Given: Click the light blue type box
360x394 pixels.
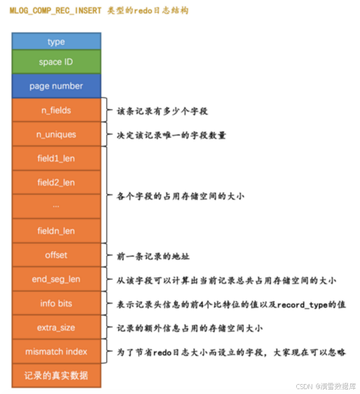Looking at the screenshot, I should click(56, 41).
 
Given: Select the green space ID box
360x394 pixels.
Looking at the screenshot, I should click(56, 62).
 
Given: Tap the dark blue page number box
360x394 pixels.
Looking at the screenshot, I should click(56, 86).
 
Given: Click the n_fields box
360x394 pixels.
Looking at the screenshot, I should click(56, 110).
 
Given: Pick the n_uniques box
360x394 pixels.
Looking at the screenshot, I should click(56, 134).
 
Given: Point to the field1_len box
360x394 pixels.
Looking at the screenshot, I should click(56, 158).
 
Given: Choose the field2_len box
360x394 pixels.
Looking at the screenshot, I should click(56, 182).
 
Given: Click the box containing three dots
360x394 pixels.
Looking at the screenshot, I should click(56, 206).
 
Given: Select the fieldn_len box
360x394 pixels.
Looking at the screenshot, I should click(56, 231).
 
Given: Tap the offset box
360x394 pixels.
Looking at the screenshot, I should click(56, 255).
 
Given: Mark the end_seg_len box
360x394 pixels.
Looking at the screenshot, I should click(56, 279).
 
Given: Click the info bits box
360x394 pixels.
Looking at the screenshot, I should click(56, 303).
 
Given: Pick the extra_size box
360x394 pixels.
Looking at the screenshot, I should click(56, 327).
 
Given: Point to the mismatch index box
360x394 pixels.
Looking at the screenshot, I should click(56, 352).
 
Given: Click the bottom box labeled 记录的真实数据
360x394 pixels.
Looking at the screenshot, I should click(56, 376).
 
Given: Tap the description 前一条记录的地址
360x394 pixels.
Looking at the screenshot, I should click(148, 255).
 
